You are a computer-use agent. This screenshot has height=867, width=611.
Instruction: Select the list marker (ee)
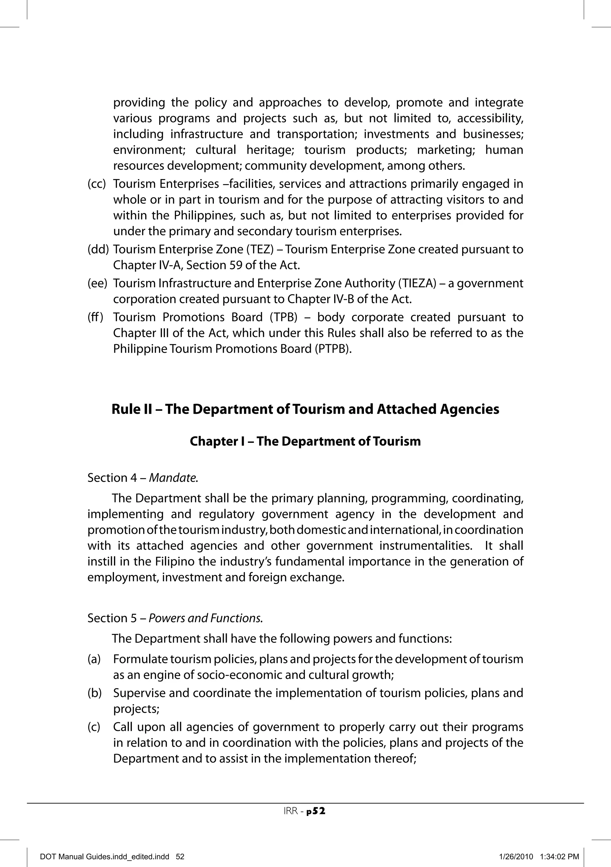coord(97,283)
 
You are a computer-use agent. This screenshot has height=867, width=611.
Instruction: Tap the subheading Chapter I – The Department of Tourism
coord(305,441)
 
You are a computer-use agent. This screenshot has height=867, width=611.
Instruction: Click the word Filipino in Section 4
coord(175,562)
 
